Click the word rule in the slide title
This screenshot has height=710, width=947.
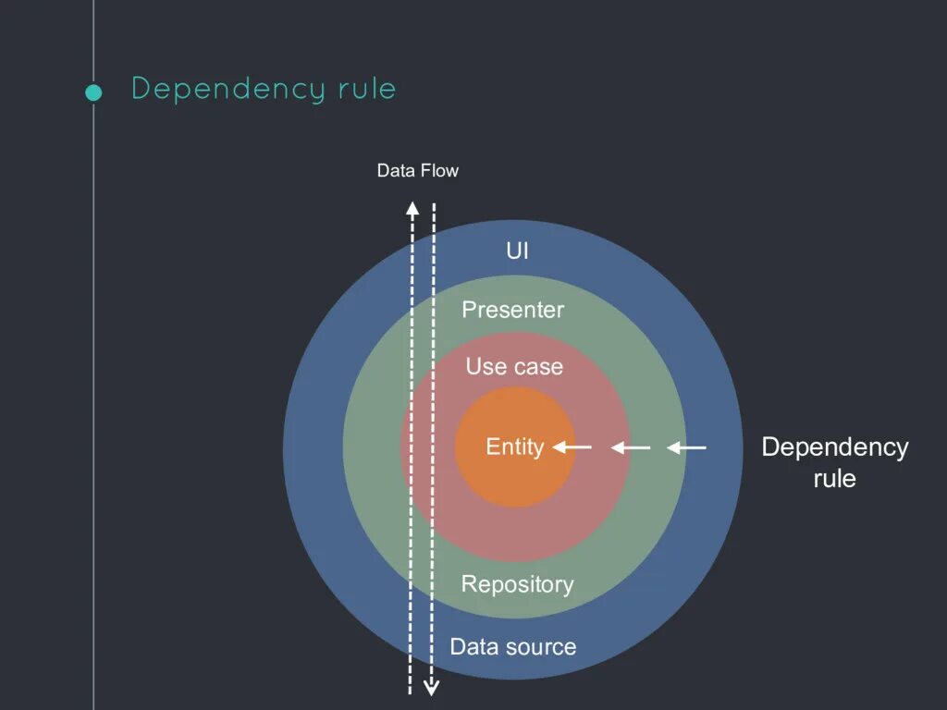coord(365,89)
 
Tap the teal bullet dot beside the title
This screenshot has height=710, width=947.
coord(92,92)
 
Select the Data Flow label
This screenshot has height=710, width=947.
coord(417,171)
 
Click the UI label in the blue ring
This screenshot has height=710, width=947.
coord(518,251)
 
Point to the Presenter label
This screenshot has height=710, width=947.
coord(512,310)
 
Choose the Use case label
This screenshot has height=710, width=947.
coord(514,366)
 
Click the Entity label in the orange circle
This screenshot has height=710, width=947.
coord(514,447)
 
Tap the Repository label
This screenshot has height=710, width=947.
coord(517,584)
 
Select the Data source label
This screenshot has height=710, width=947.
coord(512,646)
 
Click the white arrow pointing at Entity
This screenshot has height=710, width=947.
coord(572,447)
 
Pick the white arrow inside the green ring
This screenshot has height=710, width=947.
coord(631,447)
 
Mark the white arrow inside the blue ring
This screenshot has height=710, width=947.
coord(687,447)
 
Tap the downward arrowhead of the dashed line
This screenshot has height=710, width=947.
coord(431,687)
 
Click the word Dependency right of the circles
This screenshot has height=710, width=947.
coord(834,447)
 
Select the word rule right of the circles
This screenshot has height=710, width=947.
coord(834,479)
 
